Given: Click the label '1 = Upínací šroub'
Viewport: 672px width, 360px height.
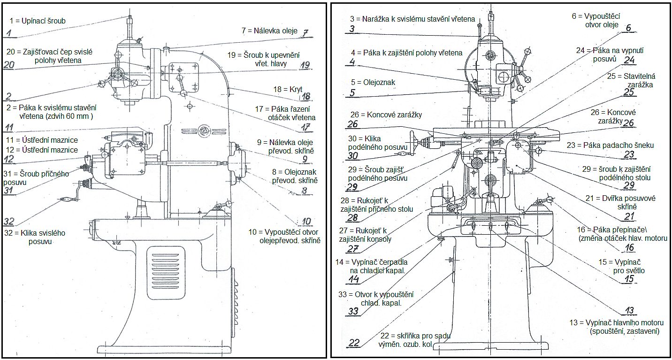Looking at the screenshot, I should coord(38,21).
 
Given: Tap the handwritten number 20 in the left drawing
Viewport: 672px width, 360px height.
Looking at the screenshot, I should coord(9,66).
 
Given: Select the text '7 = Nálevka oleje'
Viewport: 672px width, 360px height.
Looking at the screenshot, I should coord(269,31).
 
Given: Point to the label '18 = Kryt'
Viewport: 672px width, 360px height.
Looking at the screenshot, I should coord(291,88).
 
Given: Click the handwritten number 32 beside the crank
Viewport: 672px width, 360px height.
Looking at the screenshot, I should coord(10,221).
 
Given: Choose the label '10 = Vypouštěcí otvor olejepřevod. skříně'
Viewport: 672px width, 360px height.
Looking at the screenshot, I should coord(284,236).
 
